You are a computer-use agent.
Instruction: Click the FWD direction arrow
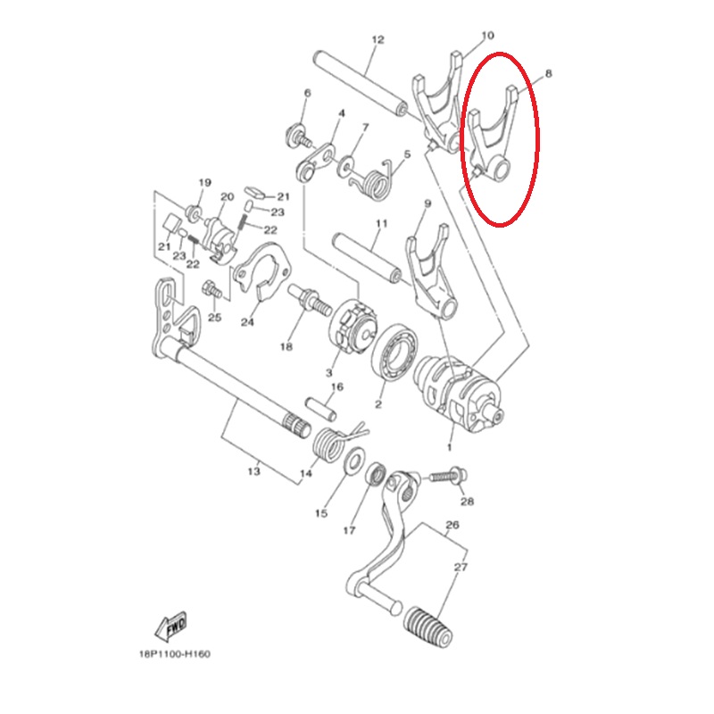pos(170,627)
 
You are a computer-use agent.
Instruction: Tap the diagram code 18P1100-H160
pos(175,655)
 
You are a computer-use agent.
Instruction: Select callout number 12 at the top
pos(378,39)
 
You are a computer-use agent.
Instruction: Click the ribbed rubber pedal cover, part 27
pos(428,627)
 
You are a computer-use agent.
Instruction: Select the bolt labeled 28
pos(448,477)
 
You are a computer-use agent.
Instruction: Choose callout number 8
pos(548,73)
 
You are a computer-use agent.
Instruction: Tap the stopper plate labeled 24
pos(262,272)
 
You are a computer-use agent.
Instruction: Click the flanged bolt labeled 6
pos(298,135)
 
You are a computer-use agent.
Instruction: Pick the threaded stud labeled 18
pos(311,301)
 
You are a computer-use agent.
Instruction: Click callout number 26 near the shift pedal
pos(452,525)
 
